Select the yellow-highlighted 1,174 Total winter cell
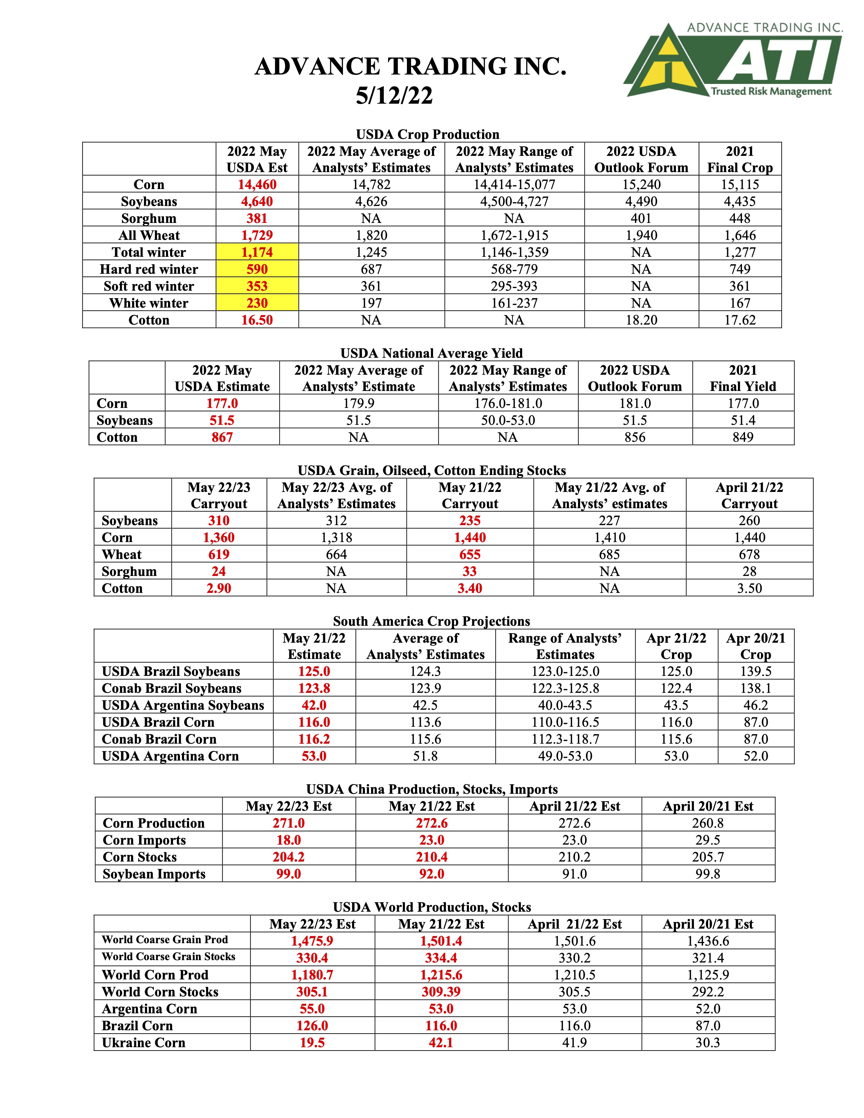[257, 252]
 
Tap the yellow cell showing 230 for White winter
[257, 303]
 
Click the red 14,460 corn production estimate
[257, 185]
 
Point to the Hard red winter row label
[149, 269]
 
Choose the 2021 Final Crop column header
[740, 159]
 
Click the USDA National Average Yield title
[431, 353]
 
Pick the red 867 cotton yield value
[222, 437]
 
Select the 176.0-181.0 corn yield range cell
[508, 403]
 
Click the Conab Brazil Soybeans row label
[171, 688]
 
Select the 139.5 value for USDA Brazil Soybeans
[756, 671]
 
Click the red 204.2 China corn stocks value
[289, 857]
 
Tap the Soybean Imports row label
[154, 874]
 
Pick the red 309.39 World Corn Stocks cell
[441, 992]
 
